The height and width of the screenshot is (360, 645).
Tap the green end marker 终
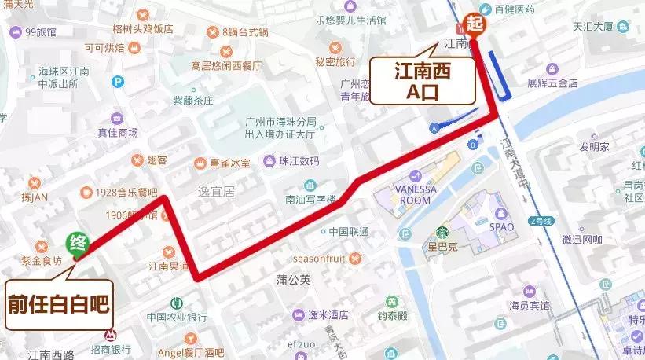click(77, 243)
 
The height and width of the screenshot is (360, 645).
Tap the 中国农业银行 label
click(176, 317)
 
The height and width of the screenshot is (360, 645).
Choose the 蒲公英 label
click(293, 279)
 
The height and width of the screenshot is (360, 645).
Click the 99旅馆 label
click(41, 32)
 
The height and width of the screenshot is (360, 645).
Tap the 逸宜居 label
click(217, 191)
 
